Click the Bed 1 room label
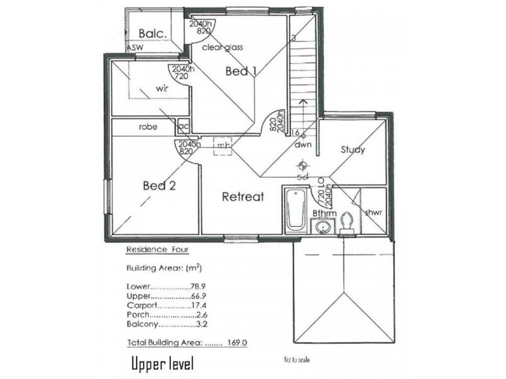[x=240, y=72]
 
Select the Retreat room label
[x=242, y=197]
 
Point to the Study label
[x=352, y=150]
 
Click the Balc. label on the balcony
[x=152, y=33]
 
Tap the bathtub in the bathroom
[x=295, y=210]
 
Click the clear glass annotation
[x=222, y=47]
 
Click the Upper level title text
[x=162, y=364]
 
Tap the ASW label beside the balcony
[x=134, y=48]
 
